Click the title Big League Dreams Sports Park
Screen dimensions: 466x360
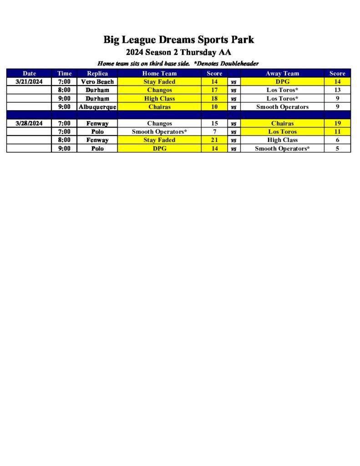tap(178, 40)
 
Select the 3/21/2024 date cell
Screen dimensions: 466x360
tap(29, 82)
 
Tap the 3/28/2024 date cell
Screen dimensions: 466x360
tap(29, 123)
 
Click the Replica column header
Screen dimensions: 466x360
tap(97, 73)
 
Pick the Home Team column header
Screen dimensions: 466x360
tap(159, 73)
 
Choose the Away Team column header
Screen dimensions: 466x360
tap(282, 73)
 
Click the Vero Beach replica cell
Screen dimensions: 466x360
tap(97, 82)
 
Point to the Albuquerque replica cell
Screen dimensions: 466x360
tap(97, 107)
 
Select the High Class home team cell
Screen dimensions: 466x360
tap(159, 99)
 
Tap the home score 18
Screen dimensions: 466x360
tap(214, 99)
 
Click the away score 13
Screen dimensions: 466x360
tap(337, 90)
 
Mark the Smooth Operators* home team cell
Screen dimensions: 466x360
tap(159, 132)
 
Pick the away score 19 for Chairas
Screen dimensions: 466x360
tap(337, 123)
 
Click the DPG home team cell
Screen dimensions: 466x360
tap(159, 149)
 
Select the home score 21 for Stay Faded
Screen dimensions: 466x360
tap(214, 140)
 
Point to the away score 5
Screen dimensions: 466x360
tap(337, 149)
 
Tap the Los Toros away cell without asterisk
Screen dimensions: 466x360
tap(282, 132)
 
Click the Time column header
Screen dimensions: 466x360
tap(64, 73)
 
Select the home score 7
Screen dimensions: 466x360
tap(214, 132)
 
